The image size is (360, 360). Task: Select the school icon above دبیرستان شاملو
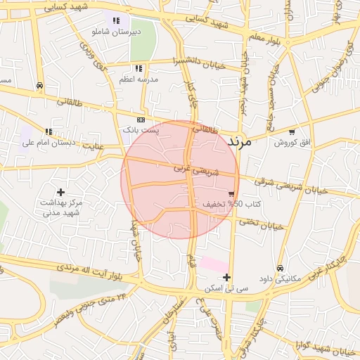115,21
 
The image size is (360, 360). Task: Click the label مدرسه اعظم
138,80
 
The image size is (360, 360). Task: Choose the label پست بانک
141,130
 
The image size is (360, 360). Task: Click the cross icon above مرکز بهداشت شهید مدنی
61,191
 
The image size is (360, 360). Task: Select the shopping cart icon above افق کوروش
291,131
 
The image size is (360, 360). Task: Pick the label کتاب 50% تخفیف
232,204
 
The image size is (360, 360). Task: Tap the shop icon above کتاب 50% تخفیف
231,193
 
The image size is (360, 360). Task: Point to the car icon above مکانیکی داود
280,269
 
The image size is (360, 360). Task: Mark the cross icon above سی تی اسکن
226,277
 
